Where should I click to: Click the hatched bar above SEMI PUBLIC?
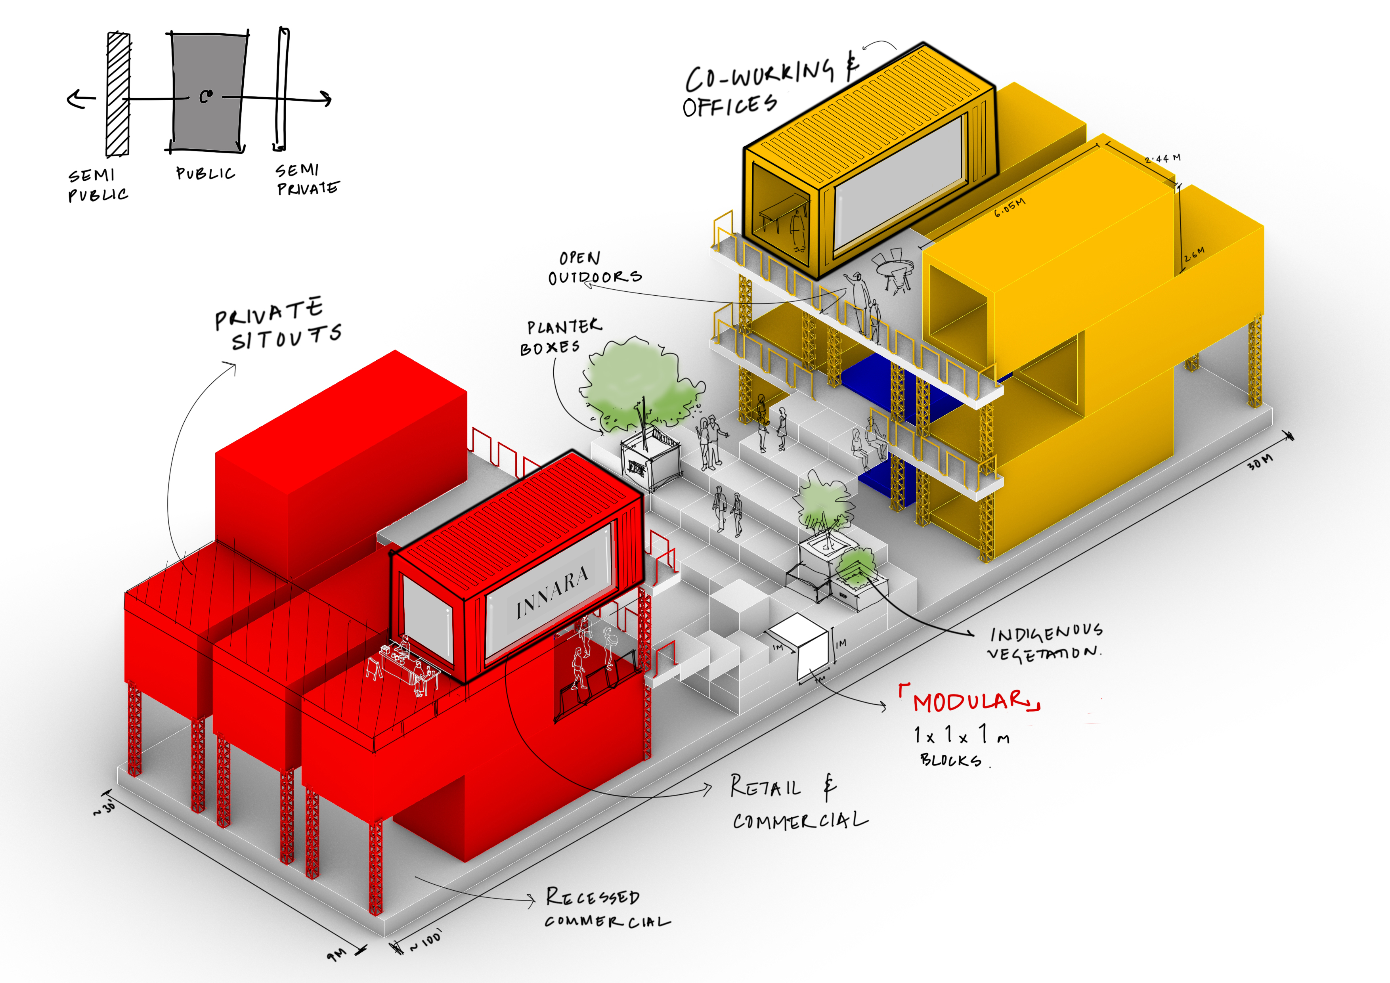118,94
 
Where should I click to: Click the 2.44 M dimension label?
1162,159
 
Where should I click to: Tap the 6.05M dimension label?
1010,207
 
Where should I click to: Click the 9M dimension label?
337,954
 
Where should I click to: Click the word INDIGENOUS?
1046,633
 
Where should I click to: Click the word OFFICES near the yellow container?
730,106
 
